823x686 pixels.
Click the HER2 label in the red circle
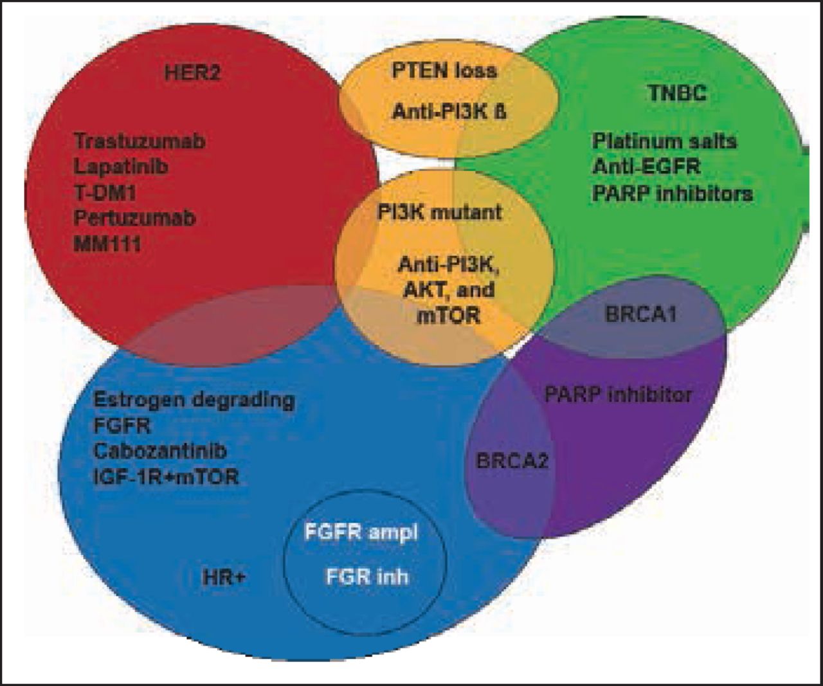pos(192,71)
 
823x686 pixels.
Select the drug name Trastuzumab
pos(140,141)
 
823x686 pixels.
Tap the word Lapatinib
pos(121,167)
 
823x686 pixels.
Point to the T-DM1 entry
pos(105,192)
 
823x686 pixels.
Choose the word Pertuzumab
pos(134,218)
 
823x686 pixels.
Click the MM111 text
pos(107,244)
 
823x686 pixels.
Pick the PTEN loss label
pos(444,69)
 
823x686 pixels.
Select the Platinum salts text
pos(664,141)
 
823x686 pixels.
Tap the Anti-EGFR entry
pos(646,167)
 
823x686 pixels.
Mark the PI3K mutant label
pos(440,212)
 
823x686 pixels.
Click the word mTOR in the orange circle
pos(448,316)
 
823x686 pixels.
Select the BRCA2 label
pos(512,461)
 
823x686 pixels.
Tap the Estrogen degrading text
pos(194,400)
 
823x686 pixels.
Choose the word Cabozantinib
pos(159,451)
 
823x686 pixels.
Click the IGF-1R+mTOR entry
pos(166,476)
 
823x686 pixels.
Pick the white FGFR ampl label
pos(361,533)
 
